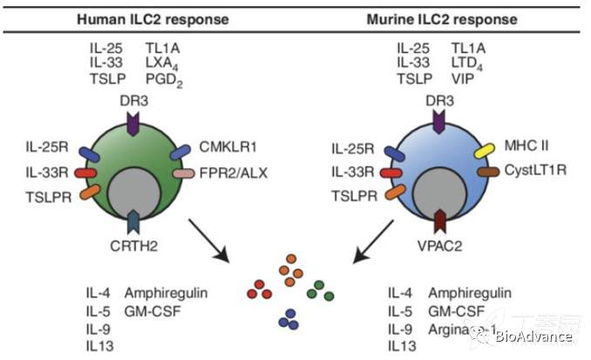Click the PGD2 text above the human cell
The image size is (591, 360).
(162, 79)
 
